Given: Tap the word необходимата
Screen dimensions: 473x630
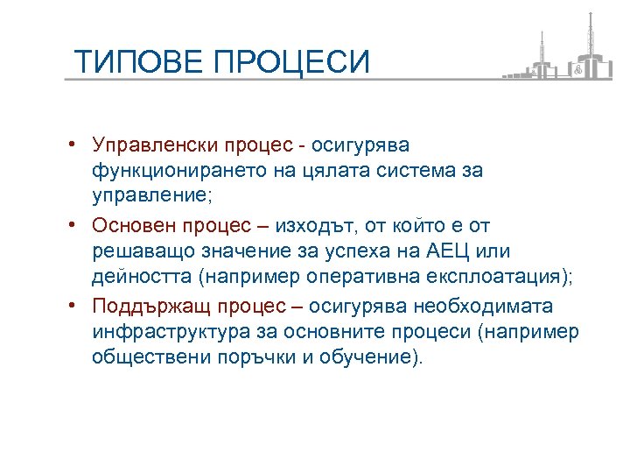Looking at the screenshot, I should [482, 307].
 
